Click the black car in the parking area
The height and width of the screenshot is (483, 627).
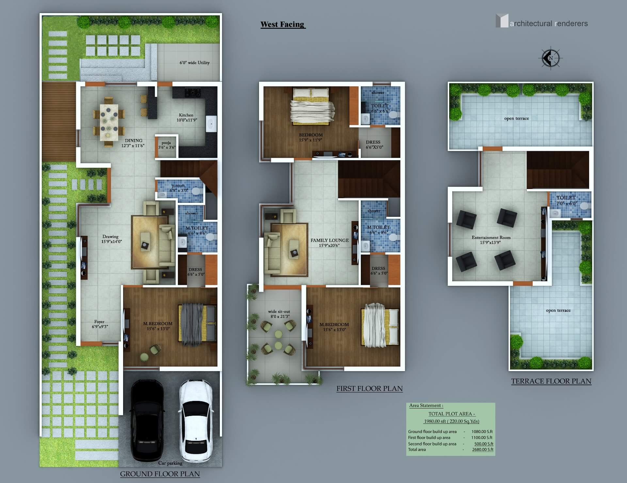pyautogui.click(x=147, y=420)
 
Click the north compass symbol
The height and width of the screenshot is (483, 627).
pyautogui.click(x=551, y=58)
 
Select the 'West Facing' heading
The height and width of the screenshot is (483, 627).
pyautogui.click(x=282, y=25)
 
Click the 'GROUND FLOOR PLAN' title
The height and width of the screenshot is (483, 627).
pyautogui.click(x=160, y=474)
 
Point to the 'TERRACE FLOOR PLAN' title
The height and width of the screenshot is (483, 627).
pyautogui.click(x=551, y=381)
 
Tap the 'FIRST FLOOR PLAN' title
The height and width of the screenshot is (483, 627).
pyautogui.click(x=370, y=388)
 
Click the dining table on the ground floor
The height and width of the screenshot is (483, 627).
pyautogui.click(x=109, y=121)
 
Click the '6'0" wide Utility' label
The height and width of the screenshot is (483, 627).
pyautogui.click(x=195, y=62)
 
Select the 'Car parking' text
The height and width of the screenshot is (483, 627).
pyautogui.click(x=170, y=463)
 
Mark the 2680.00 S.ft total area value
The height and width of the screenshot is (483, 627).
pyautogui.click(x=483, y=450)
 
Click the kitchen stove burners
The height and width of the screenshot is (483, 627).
pyautogui.click(x=193, y=93)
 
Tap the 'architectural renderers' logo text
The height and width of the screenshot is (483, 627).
pyautogui.click(x=549, y=24)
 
